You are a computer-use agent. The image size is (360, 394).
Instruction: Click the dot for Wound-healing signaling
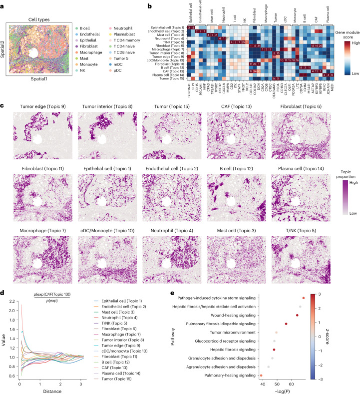(x=325, y=315)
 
